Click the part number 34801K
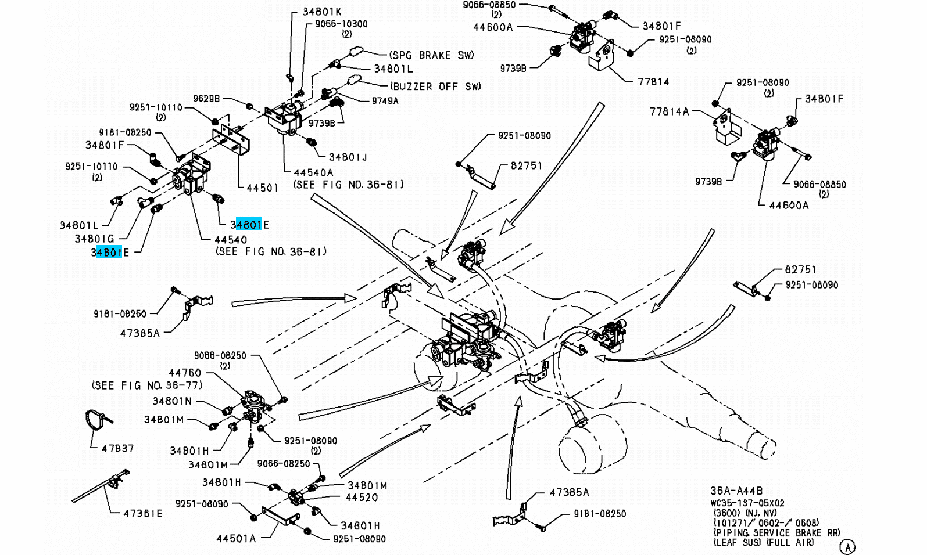(x=322, y=11)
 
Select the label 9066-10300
(x=341, y=24)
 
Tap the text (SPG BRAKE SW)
(x=431, y=55)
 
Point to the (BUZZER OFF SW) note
(x=436, y=87)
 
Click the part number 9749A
(x=385, y=101)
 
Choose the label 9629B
(x=206, y=99)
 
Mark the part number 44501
(x=263, y=188)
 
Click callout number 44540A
(x=314, y=172)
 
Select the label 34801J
(x=348, y=157)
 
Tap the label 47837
(x=117, y=448)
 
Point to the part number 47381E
(x=143, y=513)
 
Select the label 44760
(x=185, y=373)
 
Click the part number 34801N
(x=172, y=401)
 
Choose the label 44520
(x=362, y=498)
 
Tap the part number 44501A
(x=236, y=538)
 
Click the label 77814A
(x=669, y=111)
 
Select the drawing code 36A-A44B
(x=736, y=491)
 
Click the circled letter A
(x=849, y=546)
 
